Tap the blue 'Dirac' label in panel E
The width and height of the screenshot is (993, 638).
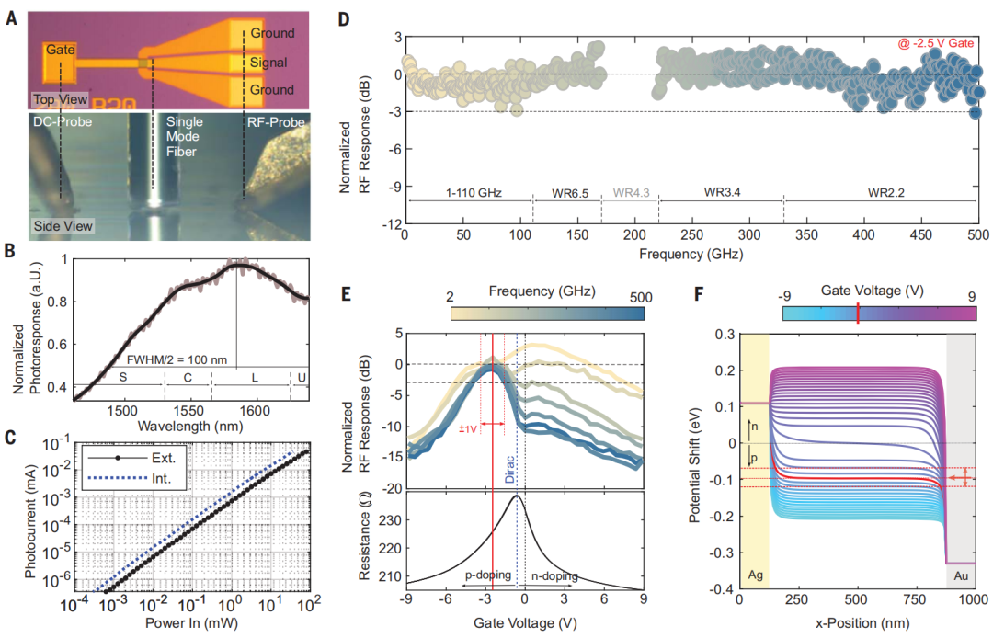coord(510,465)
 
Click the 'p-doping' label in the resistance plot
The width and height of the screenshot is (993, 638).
coord(487,575)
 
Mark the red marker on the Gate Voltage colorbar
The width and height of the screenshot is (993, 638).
coord(857,313)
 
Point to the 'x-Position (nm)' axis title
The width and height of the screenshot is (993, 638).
coord(857,623)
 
